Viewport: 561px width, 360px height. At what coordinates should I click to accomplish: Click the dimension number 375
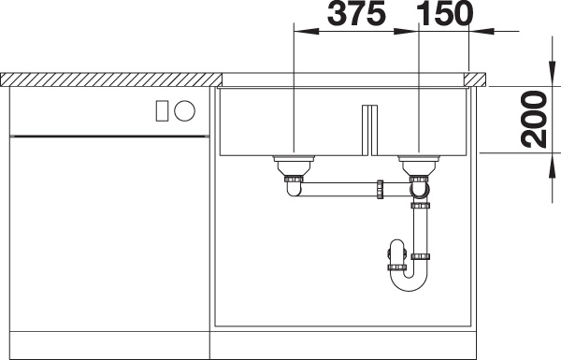[356, 13]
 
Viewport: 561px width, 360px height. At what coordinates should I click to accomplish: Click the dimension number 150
[445, 13]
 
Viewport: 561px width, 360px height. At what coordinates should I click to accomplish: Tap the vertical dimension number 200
[534, 120]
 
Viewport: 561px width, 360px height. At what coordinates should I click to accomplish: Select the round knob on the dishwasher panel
[184, 110]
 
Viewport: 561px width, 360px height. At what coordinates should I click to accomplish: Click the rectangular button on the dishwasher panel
[162, 110]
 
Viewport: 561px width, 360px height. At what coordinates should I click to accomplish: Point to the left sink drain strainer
[294, 165]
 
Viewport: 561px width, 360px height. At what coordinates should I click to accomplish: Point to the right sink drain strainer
[419, 165]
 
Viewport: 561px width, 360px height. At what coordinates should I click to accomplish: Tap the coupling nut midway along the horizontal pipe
[380, 189]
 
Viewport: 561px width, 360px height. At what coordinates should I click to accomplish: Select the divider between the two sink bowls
[369, 130]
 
